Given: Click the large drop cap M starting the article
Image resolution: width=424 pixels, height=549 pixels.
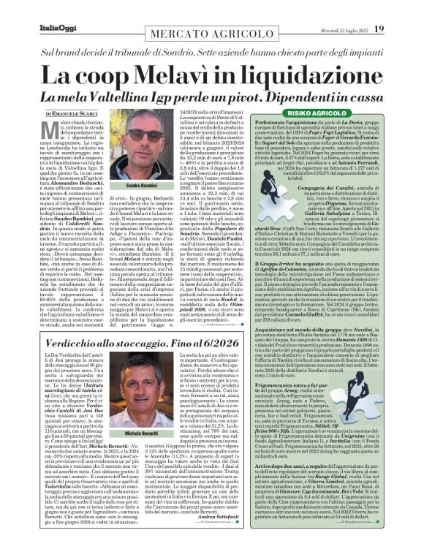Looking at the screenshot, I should [x=52, y=131].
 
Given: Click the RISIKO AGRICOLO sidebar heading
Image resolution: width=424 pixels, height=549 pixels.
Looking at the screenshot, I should [x=311, y=114].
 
